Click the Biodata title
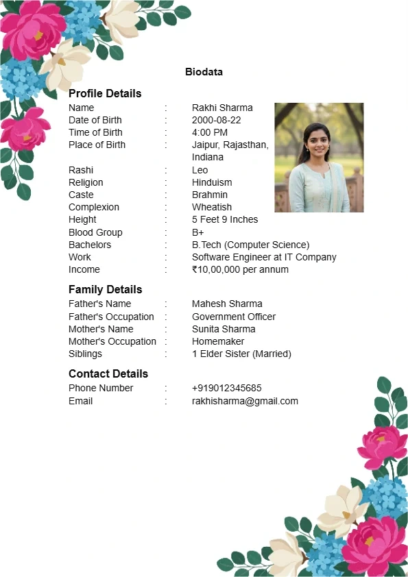pos(204,72)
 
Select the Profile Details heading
pos(105,93)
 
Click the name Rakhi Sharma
pos(222,108)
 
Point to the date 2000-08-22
pos(216,120)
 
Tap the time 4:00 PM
pos(210,132)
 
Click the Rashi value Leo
pos(200,170)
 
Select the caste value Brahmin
pos(210,195)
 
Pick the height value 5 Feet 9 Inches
pos(225,219)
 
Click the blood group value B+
pos(198,232)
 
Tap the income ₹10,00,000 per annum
pos(240,269)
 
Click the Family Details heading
pos(105,289)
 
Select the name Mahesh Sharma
pos(227,304)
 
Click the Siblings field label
pos(85,354)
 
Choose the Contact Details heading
pos(108,373)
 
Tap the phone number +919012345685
pos(226,388)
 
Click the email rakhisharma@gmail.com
pos(245,401)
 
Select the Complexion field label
pos(94,207)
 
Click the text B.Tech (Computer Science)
pos(250,245)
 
